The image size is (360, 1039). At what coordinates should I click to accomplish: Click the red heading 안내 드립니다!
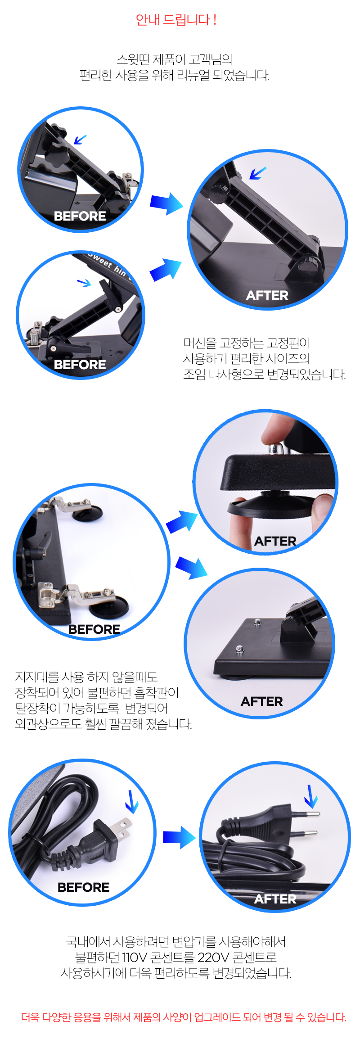coord(176,20)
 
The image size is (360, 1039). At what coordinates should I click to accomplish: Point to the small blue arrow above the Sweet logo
coord(84,283)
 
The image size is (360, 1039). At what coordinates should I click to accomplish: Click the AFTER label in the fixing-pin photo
coord(267,295)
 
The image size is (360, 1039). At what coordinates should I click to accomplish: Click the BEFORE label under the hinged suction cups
coord(94,629)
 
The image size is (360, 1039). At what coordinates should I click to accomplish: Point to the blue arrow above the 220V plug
coord(311,796)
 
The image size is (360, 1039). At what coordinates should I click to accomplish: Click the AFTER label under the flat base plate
coord(262,701)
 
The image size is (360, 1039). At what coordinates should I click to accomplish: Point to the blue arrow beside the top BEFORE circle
coord(166,203)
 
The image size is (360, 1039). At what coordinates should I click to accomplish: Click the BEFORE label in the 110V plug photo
coord(84,887)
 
